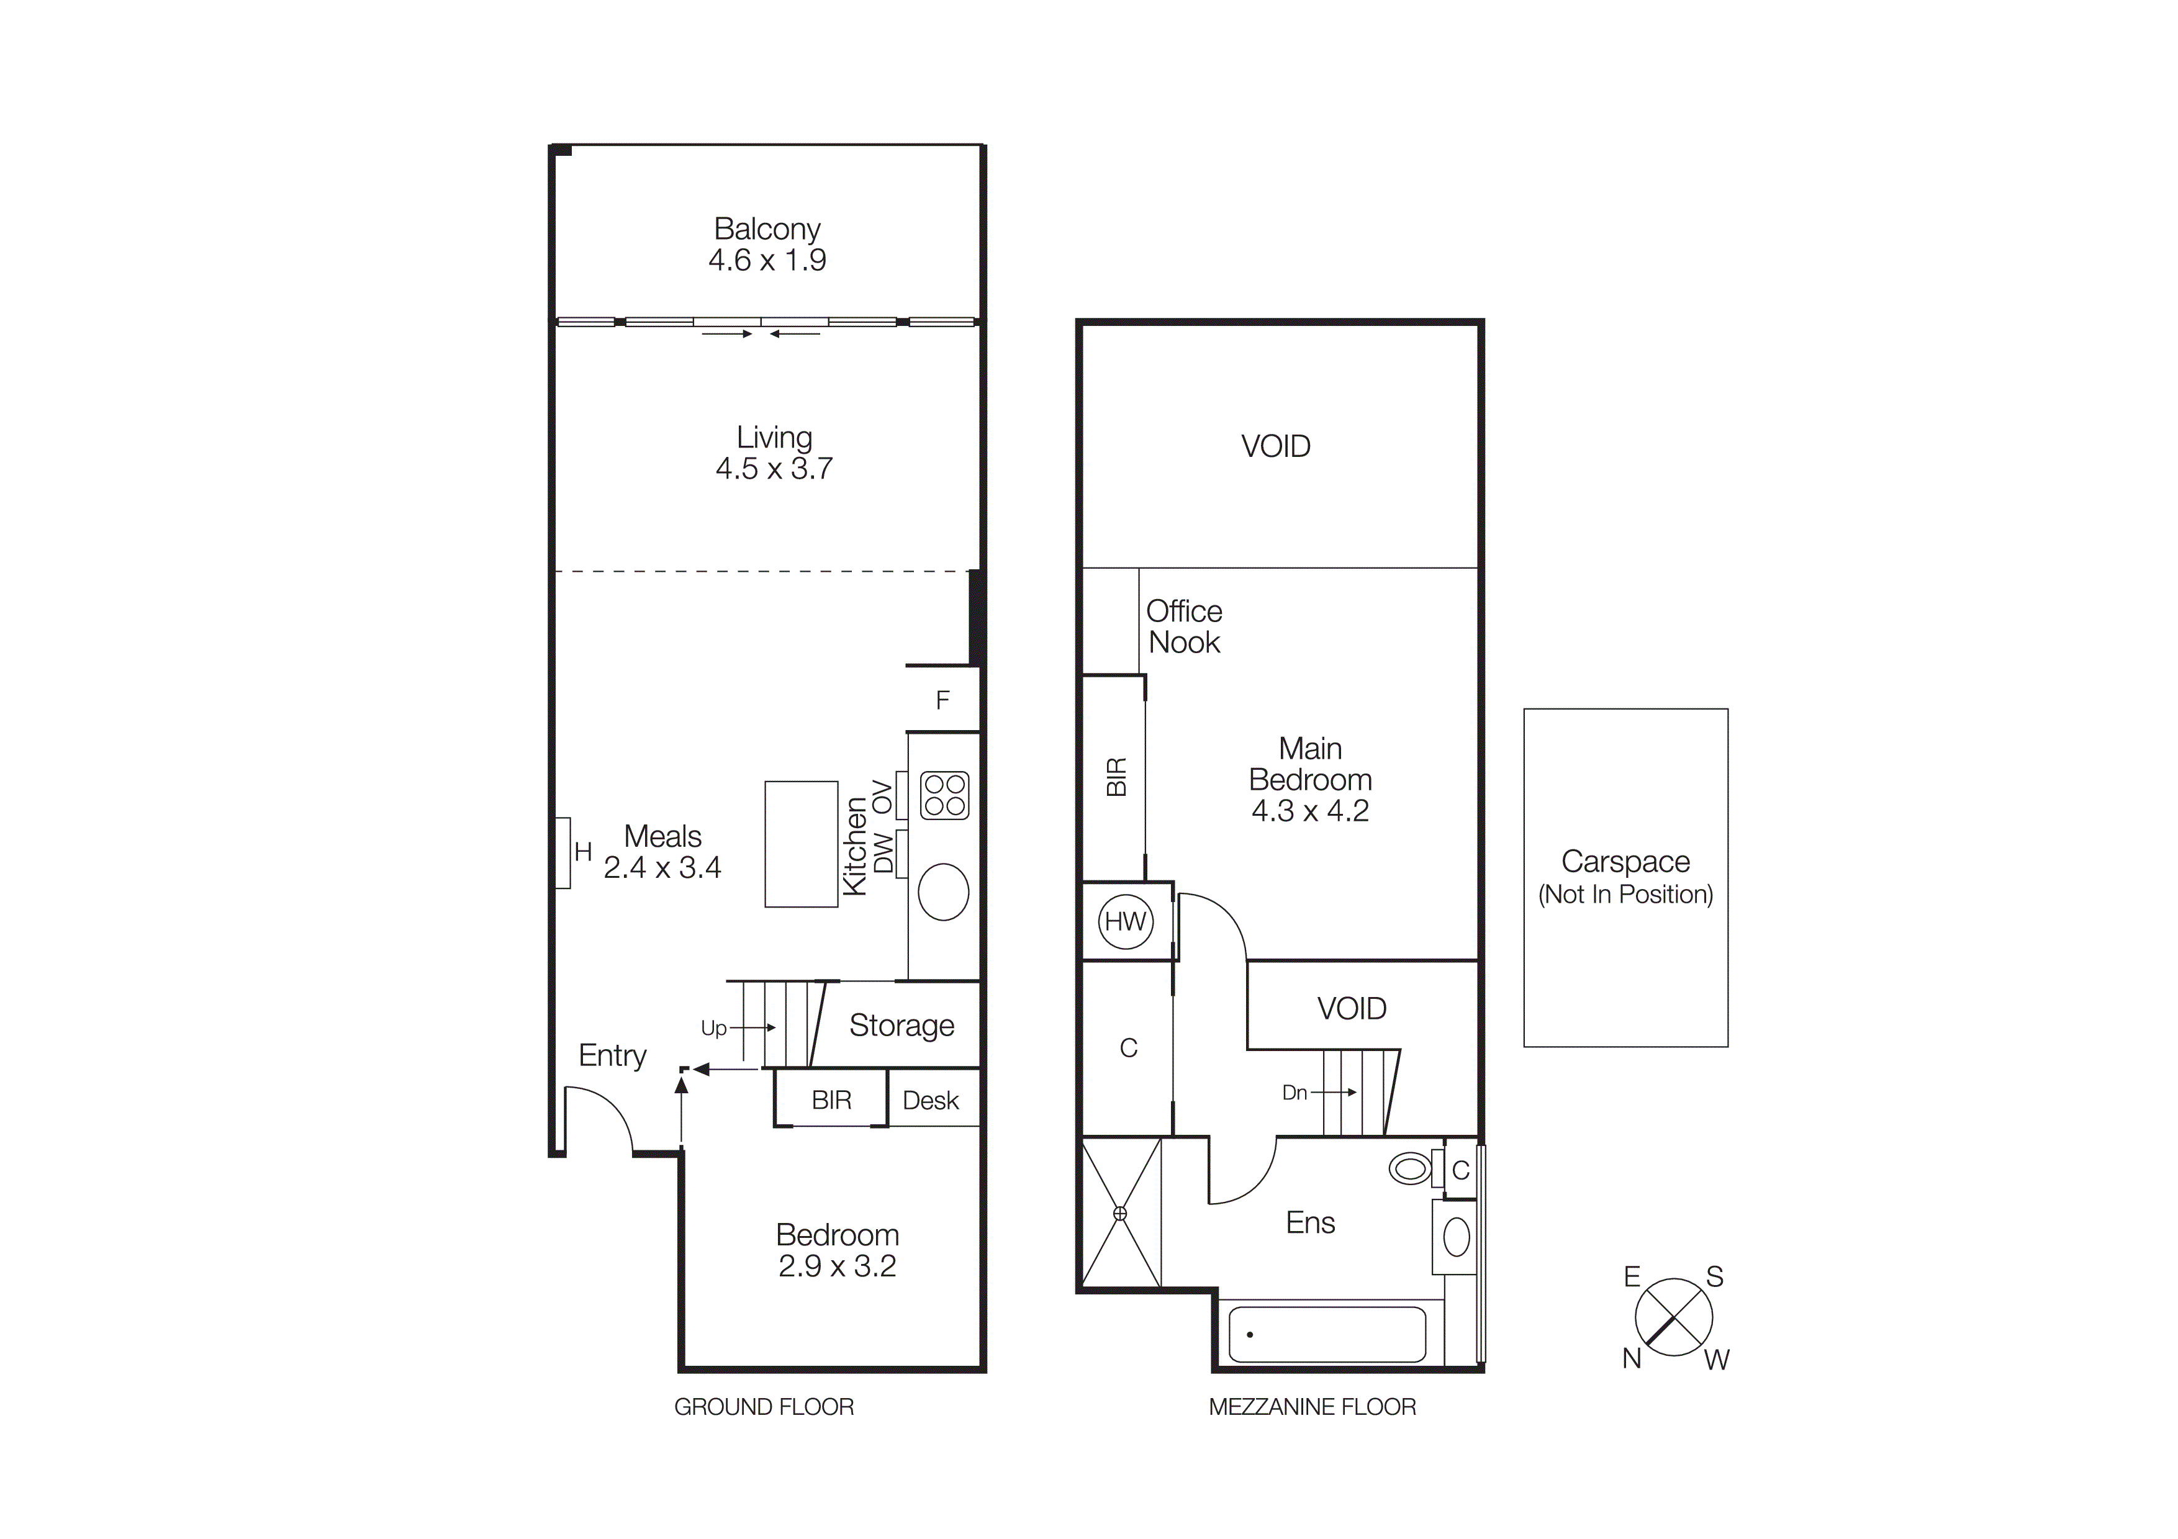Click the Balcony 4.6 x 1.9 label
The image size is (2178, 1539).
tap(767, 245)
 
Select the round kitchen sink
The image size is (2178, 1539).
tap(943, 891)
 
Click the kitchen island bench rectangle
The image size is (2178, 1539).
tap(801, 844)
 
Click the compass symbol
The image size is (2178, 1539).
tap(1673, 1317)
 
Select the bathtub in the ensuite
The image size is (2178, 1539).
tap(1326, 1334)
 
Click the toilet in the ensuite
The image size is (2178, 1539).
tap(1411, 1168)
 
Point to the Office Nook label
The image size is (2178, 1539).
tap(1184, 627)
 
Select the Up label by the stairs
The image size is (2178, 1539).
tap(713, 1028)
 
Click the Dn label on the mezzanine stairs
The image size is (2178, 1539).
tap(1294, 1093)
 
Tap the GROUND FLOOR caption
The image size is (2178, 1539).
tap(764, 1407)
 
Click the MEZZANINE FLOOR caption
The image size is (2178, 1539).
tap(1312, 1407)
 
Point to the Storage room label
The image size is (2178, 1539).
tap(901, 1025)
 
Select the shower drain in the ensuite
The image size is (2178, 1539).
tap(1119, 1213)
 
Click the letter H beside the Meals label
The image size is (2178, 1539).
tap(582, 852)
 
